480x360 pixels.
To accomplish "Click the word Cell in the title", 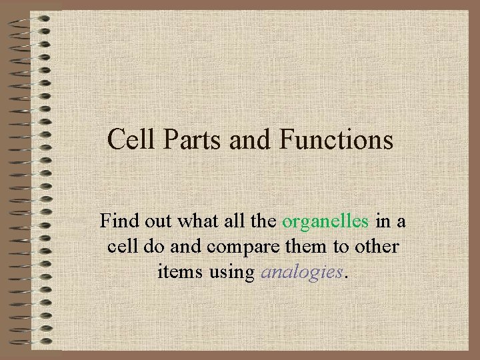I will [x=129, y=140].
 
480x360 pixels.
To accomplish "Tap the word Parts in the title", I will [x=189, y=140].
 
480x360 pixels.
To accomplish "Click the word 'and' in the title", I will [x=253, y=140].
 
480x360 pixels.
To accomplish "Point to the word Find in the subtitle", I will [x=117, y=221].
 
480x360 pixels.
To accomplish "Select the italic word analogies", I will [x=301, y=272].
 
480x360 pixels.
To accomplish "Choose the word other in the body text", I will [x=376, y=247].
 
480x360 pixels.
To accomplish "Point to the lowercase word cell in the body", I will [x=121, y=247].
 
